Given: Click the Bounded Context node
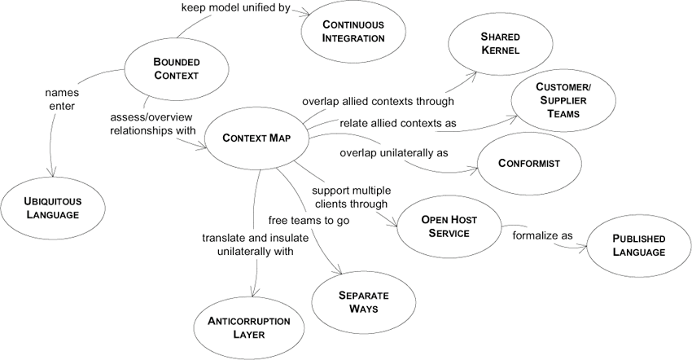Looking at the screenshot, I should tap(176, 69).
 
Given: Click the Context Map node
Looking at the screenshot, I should tap(256, 138).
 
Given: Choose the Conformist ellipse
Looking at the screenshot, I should tap(529, 163).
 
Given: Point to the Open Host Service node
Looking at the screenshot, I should tap(449, 226).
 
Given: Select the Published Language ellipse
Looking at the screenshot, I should tap(639, 245).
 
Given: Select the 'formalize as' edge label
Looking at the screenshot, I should tap(542, 236).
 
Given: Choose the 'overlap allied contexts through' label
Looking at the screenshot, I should tap(378, 102).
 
